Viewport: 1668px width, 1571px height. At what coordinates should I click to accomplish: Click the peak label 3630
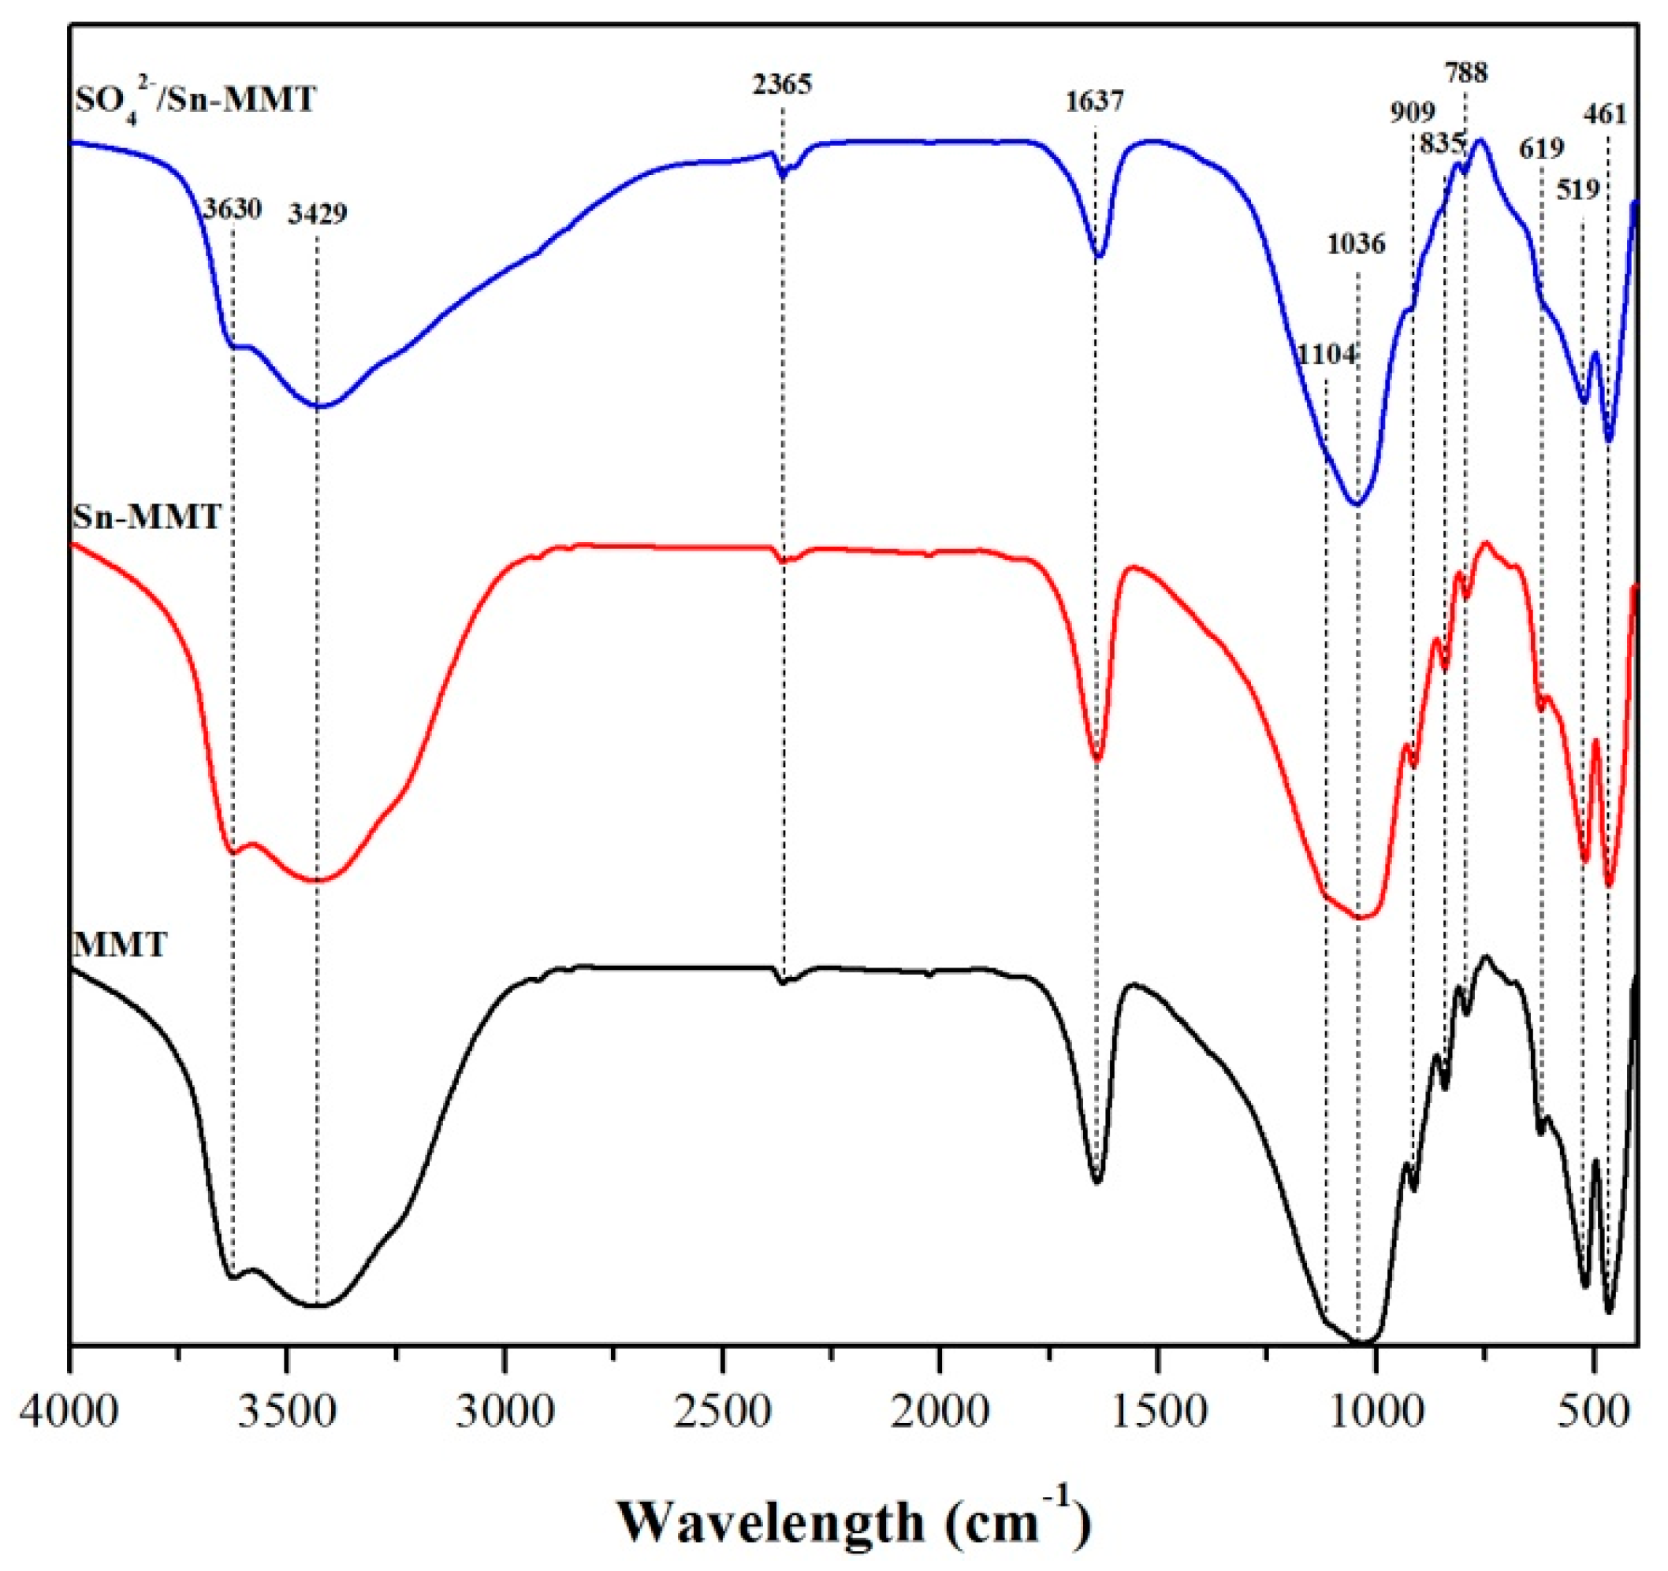pos(233,209)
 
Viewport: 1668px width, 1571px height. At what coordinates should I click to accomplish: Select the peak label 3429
pos(317,215)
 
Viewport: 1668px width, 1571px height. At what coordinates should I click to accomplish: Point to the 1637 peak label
pos(1095,102)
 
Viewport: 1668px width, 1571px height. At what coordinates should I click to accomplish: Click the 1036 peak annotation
pos(1356,245)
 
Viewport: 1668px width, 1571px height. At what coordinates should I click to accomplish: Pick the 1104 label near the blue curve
pos(1327,355)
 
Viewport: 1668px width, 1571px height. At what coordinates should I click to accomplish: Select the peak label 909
pos(1413,112)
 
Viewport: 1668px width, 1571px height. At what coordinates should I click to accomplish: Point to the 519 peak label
pos(1578,191)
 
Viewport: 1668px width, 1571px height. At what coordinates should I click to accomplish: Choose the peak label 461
pos(1605,114)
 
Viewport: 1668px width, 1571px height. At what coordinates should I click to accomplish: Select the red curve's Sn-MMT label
pos(147,517)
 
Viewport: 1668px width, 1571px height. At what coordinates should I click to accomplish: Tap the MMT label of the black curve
pos(120,945)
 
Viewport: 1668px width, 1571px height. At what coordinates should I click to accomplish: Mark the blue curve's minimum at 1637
pos(1098,256)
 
